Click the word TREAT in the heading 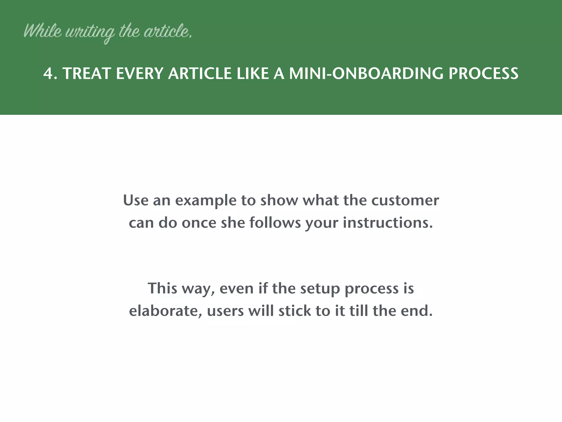pyautogui.click(x=86, y=74)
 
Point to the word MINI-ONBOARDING pyautogui.click(x=366, y=74)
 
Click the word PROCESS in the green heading pyautogui.click(x=483, y=74)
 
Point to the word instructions pyautogui.click(x=388, y=223)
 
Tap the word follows pyautogui.click(x=275, y=223)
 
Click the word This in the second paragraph pyautogui.click(x=162, y=288)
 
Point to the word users pyautogui.click(x=225, y=311)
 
